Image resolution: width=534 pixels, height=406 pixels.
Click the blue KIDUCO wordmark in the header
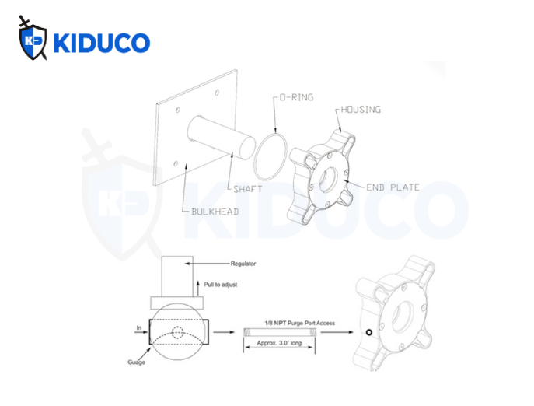click(x=99, y=42)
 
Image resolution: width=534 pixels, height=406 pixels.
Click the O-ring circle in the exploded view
click(x=271, y=154)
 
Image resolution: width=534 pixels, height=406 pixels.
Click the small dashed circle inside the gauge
click(x=180, y=332)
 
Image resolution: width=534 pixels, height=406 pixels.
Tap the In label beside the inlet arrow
click(x=138, y=327)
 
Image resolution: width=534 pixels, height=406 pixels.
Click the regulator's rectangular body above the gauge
click(x=180, y=275)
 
